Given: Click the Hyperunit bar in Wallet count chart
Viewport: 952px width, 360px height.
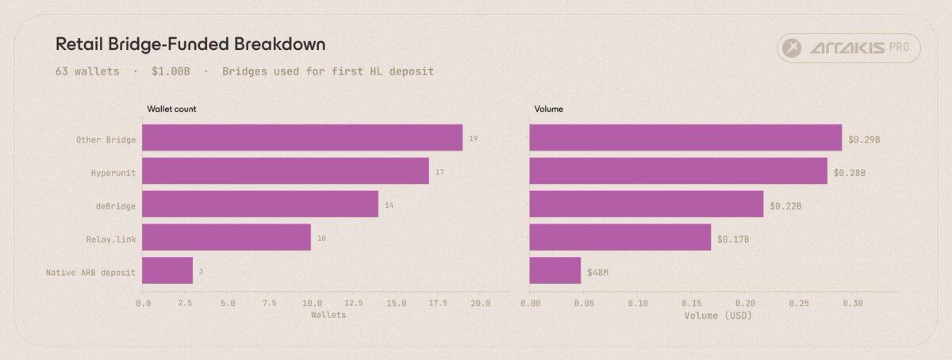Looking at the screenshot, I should [286, 170].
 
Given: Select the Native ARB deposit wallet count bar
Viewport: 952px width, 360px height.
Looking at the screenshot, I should [167, 270].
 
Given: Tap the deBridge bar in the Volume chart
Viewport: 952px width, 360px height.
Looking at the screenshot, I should [647, 204].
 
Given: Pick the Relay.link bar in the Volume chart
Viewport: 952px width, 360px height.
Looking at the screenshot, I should [620, 237].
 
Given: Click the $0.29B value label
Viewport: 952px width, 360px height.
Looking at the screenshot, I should [864, 139].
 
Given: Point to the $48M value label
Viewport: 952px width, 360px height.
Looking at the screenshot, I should [598, 272].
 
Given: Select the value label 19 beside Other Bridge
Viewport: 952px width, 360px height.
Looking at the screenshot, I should [473, 139].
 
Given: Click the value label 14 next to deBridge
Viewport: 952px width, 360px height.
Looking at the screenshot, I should [389, 205].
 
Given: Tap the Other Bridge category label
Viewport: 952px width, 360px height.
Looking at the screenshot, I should [106, 140].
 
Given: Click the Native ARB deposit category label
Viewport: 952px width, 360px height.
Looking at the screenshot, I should [91, 272].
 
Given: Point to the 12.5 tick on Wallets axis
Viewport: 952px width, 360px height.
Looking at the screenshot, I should [354, 303].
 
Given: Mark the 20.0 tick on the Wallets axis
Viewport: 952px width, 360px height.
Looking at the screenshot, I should [480, 303].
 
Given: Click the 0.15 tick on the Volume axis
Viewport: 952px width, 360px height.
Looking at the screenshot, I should [691, 303].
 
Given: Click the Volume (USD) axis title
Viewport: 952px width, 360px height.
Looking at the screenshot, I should [718, 316].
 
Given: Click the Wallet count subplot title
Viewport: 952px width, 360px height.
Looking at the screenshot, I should [171, 109].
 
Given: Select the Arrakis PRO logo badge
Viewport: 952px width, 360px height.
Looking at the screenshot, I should [849, 49].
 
